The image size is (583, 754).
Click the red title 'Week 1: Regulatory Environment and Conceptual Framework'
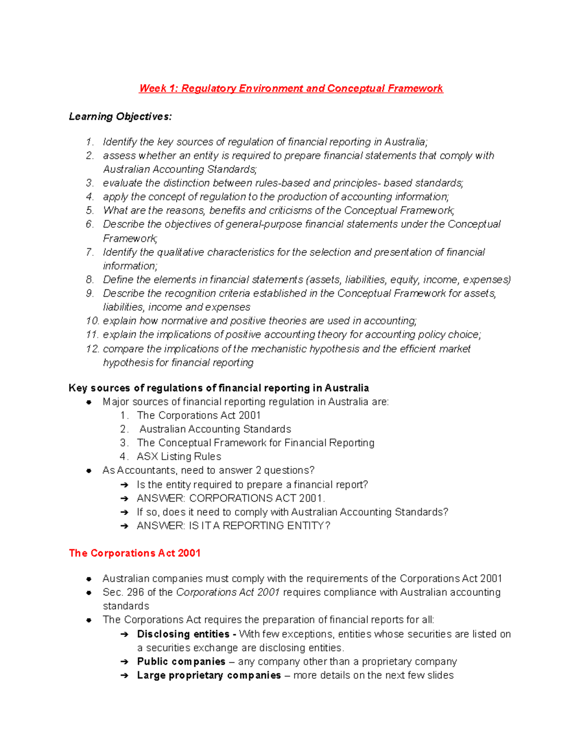291,88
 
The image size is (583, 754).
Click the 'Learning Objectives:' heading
120,117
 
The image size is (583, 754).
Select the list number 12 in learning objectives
92,349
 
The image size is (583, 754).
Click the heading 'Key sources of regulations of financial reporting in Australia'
219,388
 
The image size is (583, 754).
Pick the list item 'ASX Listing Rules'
179,456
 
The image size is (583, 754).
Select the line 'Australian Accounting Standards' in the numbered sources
215,429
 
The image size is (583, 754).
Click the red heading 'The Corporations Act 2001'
135,553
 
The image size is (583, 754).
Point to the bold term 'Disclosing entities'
183,634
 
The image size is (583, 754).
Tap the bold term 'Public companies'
181,662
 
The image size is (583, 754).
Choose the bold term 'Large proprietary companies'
209,675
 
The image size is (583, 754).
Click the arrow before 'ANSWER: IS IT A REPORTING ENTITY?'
124,526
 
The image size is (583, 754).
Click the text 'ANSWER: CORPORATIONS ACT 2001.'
231,498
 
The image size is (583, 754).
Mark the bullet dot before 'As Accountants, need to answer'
89,470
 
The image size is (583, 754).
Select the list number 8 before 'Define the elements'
90,280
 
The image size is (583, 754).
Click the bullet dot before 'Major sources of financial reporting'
89,402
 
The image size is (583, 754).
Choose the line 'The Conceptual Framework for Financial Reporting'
256,443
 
